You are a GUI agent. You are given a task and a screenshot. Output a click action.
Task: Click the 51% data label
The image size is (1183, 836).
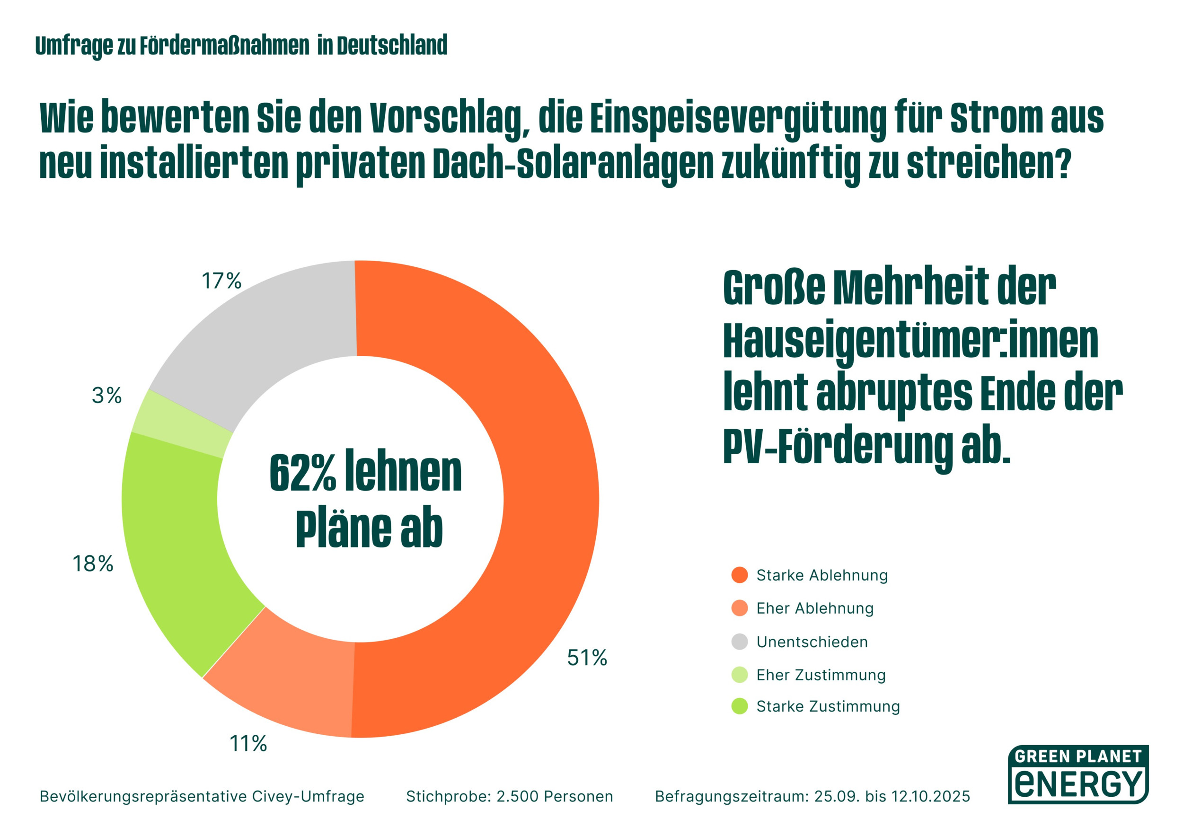click(x=587, y=658)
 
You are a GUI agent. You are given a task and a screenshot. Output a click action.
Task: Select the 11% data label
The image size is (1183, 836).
click(x=248, y=744)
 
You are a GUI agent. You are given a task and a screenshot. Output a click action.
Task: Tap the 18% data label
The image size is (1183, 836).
click(x=93, y=564)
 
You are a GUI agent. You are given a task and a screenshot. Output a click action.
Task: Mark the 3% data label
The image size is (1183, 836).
click(x=106, y=396)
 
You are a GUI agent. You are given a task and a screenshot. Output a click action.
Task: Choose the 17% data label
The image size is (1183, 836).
click(x=221, y=281)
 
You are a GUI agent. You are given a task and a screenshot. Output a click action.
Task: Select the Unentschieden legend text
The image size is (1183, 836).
click(x=812, y=642)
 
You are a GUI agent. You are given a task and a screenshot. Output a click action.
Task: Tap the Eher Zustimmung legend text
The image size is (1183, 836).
click(x=821, y=675)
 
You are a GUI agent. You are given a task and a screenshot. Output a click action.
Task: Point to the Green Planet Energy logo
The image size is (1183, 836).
click(x=1078, y=774)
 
